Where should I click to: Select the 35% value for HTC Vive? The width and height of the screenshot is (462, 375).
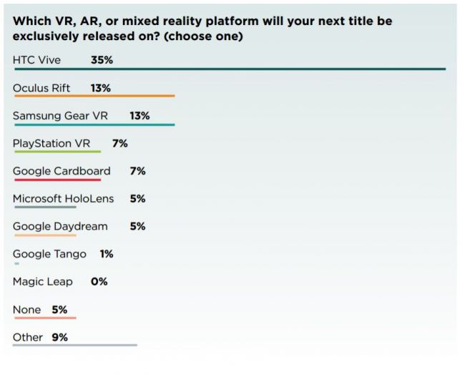coord(102,60)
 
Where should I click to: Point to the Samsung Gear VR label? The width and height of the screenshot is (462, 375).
coord(60,116)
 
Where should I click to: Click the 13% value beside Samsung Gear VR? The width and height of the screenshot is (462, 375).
coord(139,116)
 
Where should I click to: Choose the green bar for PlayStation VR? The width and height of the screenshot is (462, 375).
coord(56,152)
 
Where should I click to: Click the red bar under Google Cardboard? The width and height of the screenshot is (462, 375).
coord(56,180)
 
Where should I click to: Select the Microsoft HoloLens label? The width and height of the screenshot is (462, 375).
coord(63,198)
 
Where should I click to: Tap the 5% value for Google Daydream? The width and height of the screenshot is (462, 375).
coord(137,226)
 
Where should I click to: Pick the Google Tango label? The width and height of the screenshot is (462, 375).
coord(49,254)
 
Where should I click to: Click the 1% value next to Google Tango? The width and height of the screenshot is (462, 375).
coord(107,254)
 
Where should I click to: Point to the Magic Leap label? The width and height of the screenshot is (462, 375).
coord(43,281)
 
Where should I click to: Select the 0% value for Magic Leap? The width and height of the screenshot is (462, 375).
coord(99,281)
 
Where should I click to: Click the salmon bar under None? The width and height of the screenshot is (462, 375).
coord(44,318)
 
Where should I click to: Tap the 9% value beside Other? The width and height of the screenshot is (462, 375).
coord(59,337)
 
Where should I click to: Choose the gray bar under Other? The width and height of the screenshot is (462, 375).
coord(75,345)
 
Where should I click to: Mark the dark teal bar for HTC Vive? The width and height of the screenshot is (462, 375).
coord(229,69)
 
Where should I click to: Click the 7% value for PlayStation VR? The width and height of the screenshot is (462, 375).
coord(119,143)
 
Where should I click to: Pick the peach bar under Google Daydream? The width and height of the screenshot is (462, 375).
coord(44,235)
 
